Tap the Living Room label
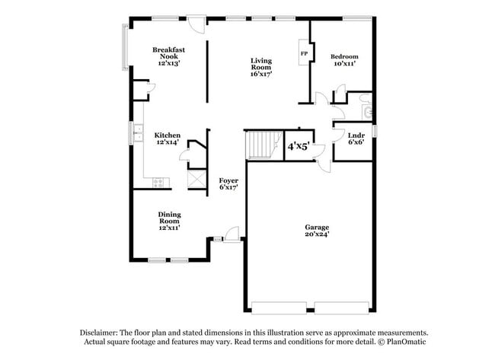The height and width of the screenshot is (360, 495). pyautogui.click(x=261, y=64)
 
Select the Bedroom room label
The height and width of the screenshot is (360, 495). pyautogui.click(x=344, y=57)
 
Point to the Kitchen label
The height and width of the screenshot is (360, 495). pyautogui.click(x=168, y=135)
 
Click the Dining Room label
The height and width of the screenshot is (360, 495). pyautogui.click(x=169, y=218)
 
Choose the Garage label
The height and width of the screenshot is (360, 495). pyautogui.click(x=317, y=227)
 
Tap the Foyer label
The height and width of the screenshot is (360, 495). pyautogui.click(x=228, y=180)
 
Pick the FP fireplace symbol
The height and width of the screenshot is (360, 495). pyautogui.click(x=304, y=54)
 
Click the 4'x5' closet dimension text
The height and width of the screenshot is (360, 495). pyautogui.click(x=297, y=146)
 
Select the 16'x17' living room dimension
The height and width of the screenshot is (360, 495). pyautogui.click(x=261, y=74)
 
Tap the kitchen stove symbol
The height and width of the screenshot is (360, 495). pyautogui.click(x=158, y=182)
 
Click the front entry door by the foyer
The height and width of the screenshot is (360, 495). pyautogui.click(x=231, y=233)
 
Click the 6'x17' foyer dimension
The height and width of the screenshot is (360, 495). pyautogui.click(x=228, y=187)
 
